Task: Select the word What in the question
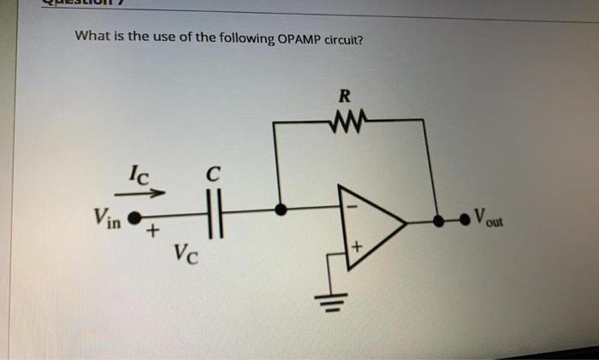(x=92, y=37)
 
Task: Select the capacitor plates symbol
(x=215, y=210)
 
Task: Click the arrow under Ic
(x=139, y=193)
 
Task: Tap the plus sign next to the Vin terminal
(x=151, y=232)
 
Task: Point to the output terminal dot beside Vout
(x=466, y=220)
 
